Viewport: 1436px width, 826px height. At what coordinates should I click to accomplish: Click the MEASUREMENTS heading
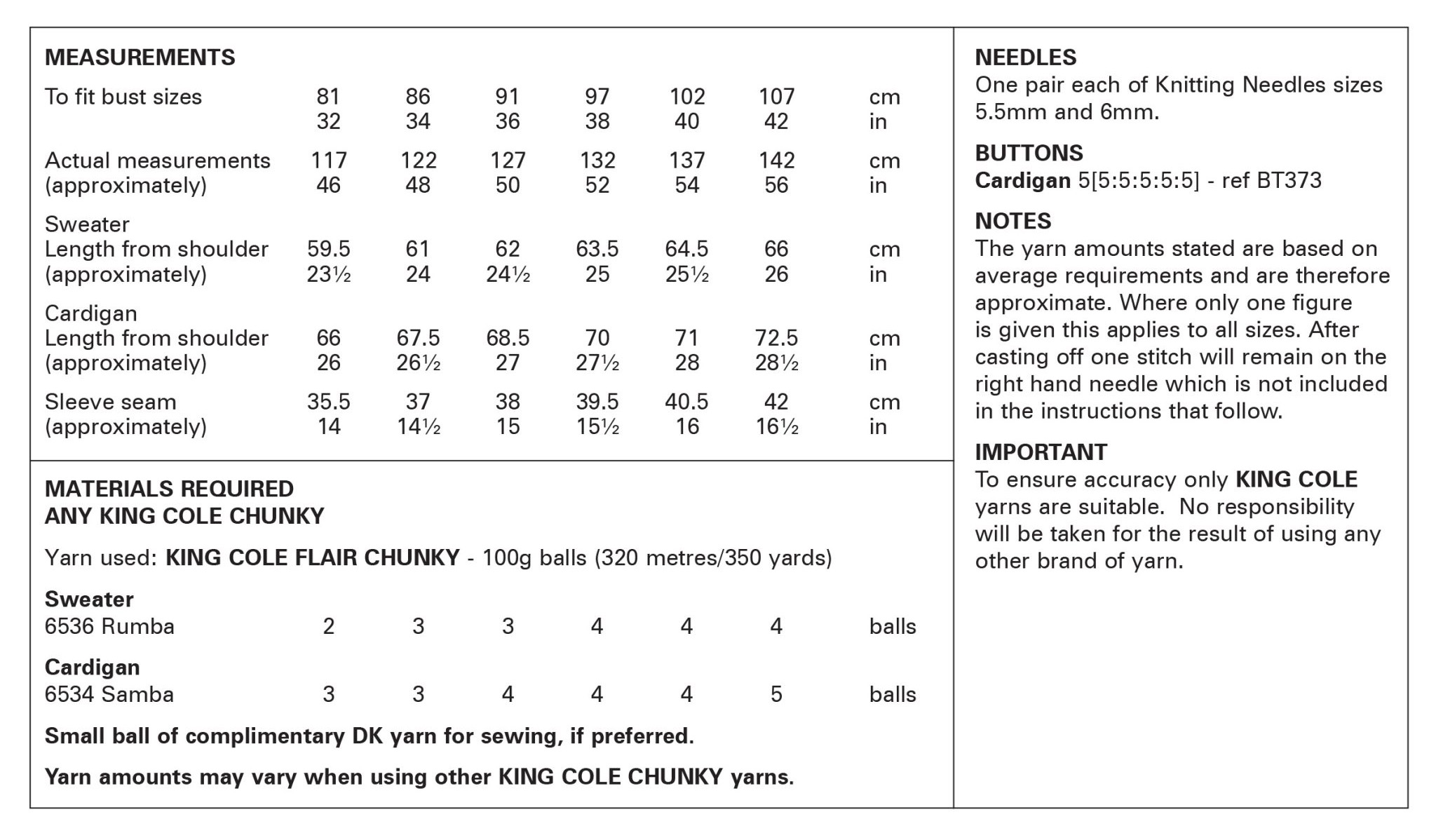[x=140, y=57]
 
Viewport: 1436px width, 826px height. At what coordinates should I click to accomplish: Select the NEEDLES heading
[x=1025, y=57]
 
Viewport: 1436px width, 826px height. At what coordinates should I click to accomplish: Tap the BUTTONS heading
[x=1029, y=153]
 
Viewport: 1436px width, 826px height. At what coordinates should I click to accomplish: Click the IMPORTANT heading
[x=1041, y=452]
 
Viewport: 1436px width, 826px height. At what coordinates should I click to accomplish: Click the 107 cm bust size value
[x=776, y=96]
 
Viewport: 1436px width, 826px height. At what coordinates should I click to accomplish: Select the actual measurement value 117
[x=328, y=160]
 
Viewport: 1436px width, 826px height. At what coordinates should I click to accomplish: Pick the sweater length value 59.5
[x=328, y=249]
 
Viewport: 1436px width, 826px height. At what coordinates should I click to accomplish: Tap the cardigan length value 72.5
[x=776, y=338]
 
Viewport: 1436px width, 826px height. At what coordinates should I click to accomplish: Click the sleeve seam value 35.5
[x=328, y=402]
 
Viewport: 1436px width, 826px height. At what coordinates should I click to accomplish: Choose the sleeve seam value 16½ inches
[x=776, y=426]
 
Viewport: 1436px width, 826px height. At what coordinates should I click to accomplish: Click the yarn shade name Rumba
[x=137, y=625]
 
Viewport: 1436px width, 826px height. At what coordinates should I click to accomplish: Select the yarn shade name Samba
[x=137, y=694]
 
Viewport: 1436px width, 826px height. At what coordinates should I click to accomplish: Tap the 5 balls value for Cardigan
[x=776, y=694]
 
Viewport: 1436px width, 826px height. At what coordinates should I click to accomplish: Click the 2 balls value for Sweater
[x=328, y=625]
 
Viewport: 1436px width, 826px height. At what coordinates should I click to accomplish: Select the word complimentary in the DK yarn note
[x=264, y=736]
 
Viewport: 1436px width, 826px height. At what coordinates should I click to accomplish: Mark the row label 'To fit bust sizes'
[x=123, y=97]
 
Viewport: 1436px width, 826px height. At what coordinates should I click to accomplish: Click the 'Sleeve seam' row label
[x=110, y=402]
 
